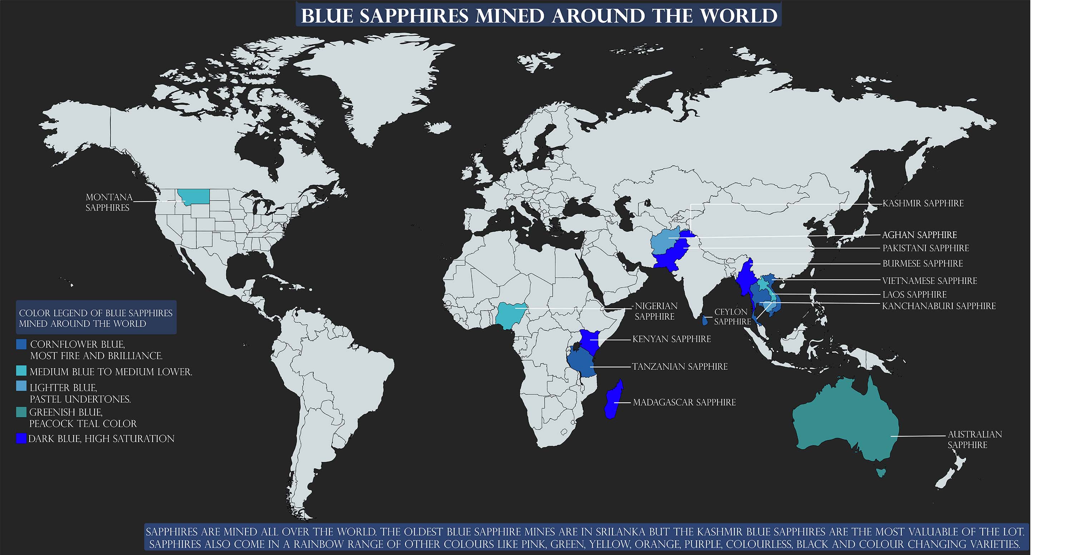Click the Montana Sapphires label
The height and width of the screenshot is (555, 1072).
point(109,202)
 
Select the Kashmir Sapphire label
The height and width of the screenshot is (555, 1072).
point(923,203)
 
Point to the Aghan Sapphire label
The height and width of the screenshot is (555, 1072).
point(919,235)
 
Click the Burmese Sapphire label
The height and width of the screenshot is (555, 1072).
point(923,264)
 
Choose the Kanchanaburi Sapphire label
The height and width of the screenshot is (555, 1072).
point(939,306)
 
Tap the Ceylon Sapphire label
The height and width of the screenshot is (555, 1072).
point(733,317)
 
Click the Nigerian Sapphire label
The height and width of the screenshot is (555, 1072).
point(656,311)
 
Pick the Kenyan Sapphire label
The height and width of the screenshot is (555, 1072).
point(671,339)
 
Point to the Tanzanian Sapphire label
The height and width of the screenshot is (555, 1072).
point(680,367)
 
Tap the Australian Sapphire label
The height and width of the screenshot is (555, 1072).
point(974,439)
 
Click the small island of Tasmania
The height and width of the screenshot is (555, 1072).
point(880,472)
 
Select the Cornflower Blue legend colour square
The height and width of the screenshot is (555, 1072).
point(21,344)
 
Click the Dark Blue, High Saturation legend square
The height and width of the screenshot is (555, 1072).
point(21,438)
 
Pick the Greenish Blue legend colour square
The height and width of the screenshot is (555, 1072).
point(21,412)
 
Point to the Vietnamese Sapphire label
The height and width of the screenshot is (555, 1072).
point(929,281)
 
